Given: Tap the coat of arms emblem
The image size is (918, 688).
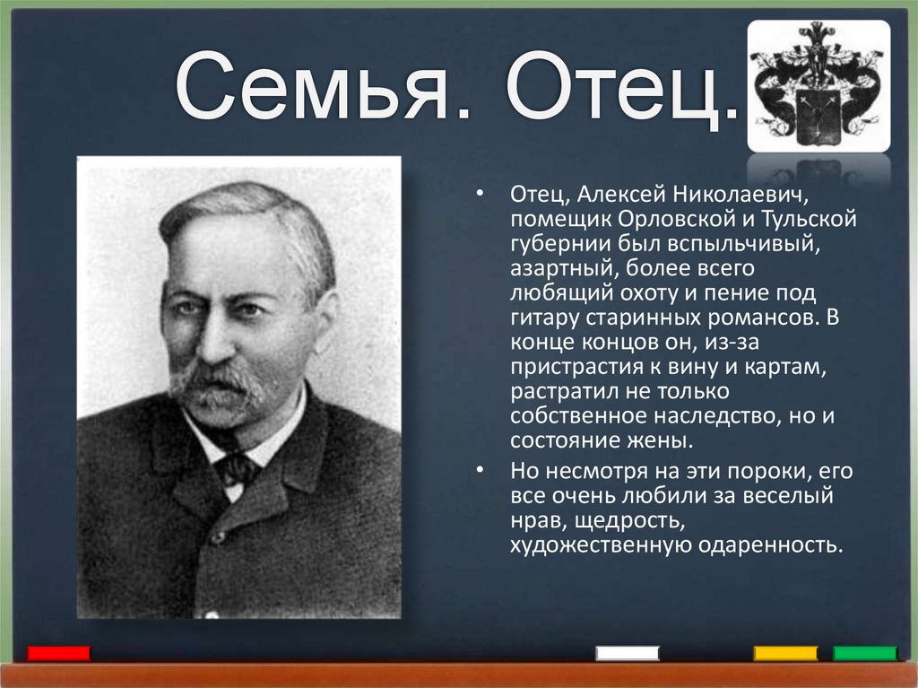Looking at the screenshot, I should pyautogui.click(x=818, y=85).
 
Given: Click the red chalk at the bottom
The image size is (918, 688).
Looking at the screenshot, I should pyautogui.click(x=58, y=653).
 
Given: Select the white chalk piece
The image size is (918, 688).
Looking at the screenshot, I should pyautogui.click(x=628, y=653).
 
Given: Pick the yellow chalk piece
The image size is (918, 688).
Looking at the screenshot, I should pyautogui.click(x=785, y=653).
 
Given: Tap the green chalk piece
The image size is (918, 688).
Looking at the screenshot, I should pyautogui.click(x=864, y=653).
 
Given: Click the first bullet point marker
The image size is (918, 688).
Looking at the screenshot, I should pyautogui.click(x=481, y=196).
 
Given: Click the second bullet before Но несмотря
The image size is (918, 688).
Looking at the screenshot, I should pyautogui.click(x=481, y=471).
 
